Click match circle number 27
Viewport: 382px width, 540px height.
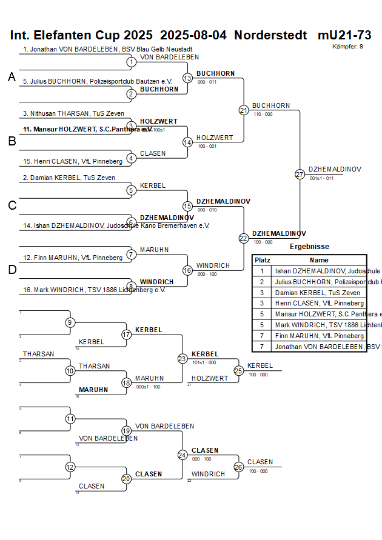point(300,174)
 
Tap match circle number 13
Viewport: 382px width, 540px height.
point(187,78)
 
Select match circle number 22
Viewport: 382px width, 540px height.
point(243,238)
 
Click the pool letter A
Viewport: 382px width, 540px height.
point(12,77)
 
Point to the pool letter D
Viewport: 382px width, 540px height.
point(12,270)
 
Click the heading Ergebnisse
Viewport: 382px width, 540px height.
point(309,247)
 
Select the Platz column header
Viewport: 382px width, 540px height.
point(263,259)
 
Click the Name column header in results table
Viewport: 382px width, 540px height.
point(319,259)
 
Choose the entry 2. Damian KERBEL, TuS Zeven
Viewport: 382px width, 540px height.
point(69,178)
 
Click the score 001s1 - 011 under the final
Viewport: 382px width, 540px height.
point(321,178)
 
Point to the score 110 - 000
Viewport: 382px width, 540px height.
point(263,114)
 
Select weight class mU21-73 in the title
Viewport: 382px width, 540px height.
point(344,35)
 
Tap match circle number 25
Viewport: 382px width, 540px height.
point(239,370)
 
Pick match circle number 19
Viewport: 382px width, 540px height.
point(126,431)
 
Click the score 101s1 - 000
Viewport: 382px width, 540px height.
point(203,363)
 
